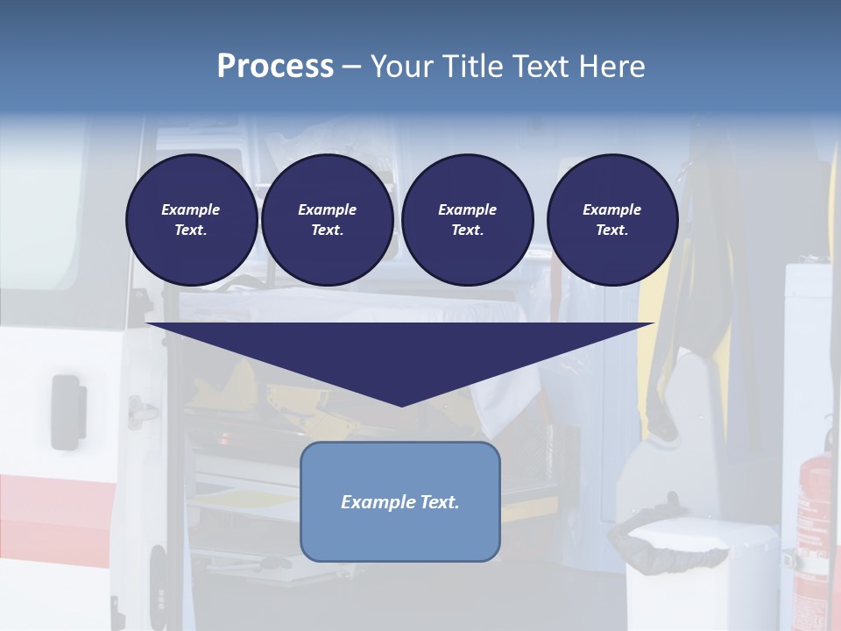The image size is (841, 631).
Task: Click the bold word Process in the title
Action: coord(275,66)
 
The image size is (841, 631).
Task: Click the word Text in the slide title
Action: coord(545,67)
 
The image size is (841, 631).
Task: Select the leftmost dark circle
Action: coord(191,220)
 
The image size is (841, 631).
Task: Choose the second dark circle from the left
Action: coord(327,220)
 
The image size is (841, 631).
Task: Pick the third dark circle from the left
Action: coord(467,220)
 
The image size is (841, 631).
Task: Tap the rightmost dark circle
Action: coord(611,220)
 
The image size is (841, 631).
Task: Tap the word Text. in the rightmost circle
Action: coord(611,230)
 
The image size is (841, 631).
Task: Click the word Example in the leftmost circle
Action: coord(191,209)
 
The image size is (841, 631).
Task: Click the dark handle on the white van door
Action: coord(67,410)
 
